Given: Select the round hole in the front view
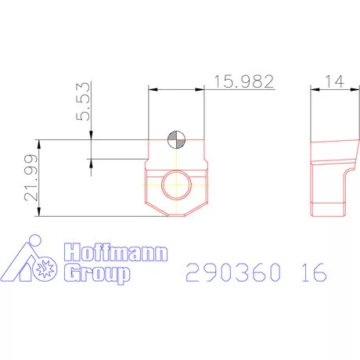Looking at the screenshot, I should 177,184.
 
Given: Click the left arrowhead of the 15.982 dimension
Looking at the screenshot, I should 151,90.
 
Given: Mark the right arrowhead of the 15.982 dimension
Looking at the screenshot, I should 202,90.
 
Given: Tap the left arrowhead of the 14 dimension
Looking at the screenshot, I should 313,90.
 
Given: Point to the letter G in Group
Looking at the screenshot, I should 70,273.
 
